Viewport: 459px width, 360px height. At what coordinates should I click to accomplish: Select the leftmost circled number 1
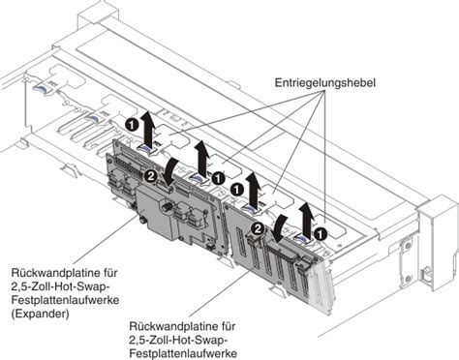130,125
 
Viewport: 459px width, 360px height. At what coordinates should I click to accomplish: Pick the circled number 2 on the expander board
151,176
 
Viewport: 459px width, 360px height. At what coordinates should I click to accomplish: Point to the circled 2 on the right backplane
259,228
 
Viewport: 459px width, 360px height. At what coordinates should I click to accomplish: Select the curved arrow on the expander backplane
171,172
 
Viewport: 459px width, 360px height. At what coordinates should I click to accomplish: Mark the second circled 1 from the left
219,178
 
